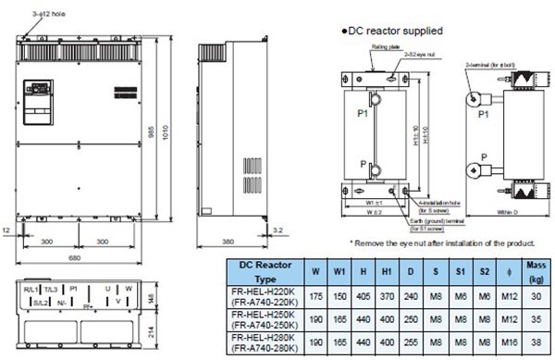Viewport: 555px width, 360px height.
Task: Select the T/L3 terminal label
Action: [x=56, y=288]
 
